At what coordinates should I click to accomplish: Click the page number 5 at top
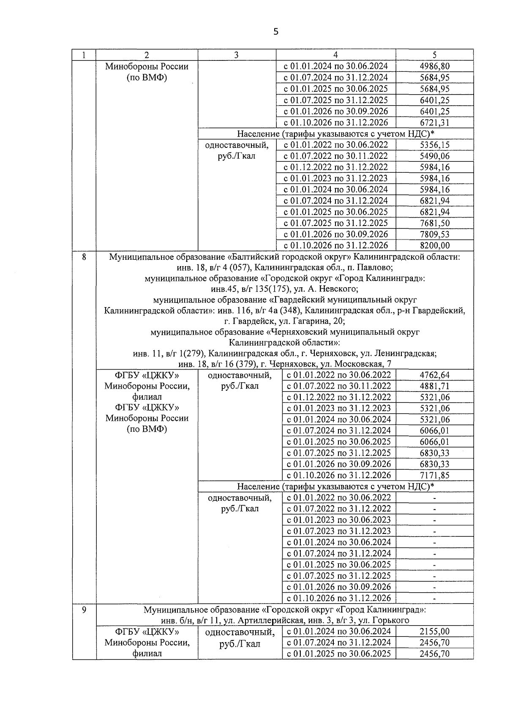[276, 32]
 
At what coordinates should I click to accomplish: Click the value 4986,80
[434, 66]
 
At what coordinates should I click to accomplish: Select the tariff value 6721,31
[434, 123]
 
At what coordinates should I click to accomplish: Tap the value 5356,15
[434, 145]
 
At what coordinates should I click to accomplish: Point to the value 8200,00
[434, 245]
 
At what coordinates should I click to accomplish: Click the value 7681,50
[434, 223]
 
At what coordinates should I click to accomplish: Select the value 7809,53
[434, 234]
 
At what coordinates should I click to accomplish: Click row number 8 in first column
[84, 256]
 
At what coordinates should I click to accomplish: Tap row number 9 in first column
[84, 610]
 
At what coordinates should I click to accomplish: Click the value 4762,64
[434, 375]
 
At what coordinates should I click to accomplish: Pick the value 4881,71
[434, 386]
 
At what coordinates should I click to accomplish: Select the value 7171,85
[434, 475]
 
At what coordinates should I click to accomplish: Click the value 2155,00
[434, 632]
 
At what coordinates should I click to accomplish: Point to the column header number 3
[237, 55]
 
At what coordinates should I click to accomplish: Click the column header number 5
[434, 55]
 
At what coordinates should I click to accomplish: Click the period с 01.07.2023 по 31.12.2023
[339, 531]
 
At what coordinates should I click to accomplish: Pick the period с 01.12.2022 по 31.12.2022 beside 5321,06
[339, 397]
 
